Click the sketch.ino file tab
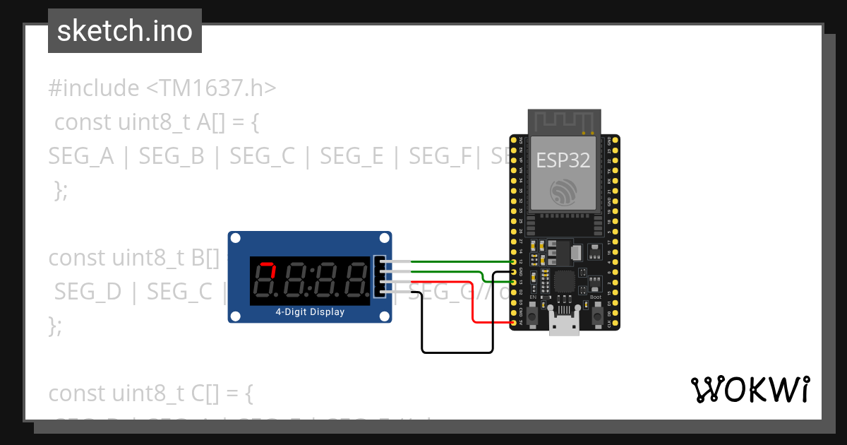point(125,31)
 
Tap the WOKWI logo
point(750,389)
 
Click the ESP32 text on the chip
point(563,160)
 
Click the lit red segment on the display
point(267,266)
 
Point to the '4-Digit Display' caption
point(310,311)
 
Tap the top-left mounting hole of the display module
point(235,239)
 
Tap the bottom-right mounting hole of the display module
point(385,316)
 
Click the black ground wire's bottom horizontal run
point(457,351)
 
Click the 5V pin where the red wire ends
point(513,324)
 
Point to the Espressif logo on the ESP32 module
point(563,193)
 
